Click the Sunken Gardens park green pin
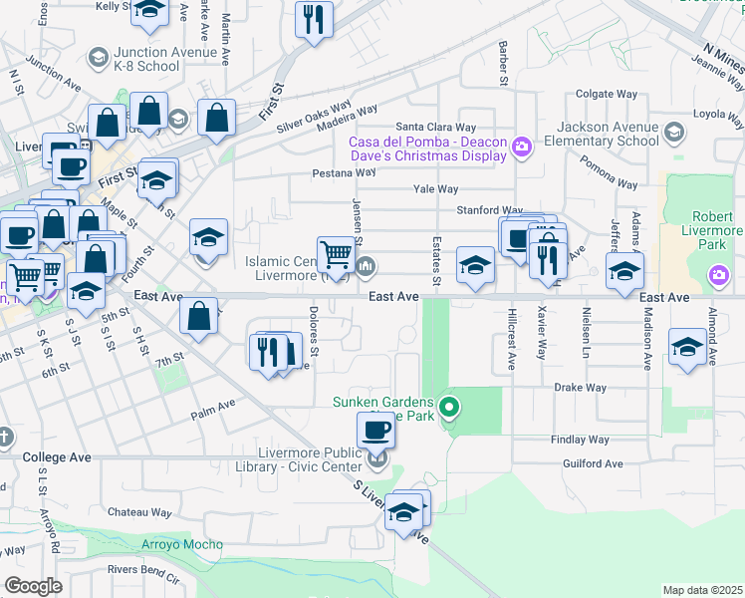pyautogui.click(x=449, y=407)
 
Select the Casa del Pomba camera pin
pyautogui.click(x=520, y=149)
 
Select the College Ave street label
pyautogui.click(x=57, y=457)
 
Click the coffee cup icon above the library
pyautogui.click(x=375, y=430)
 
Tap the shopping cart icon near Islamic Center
pyautogui.click(x=337, y=255)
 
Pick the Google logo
pyautogui.click(x=33, y=586)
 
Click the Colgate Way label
pyautogui.click(x=607, y=94)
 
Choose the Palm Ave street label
pyautogui.click(x=213, y=406)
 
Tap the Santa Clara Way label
pyautogui.click(x=436, y=128)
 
